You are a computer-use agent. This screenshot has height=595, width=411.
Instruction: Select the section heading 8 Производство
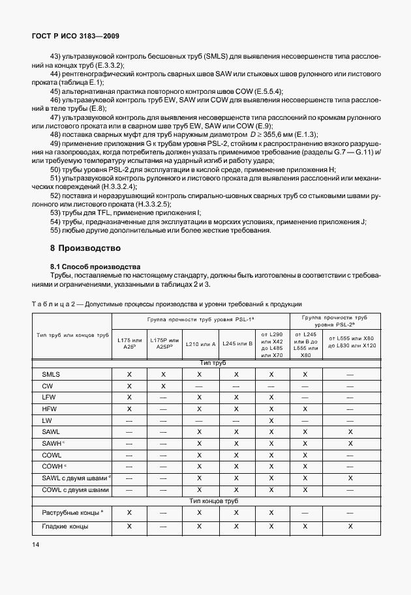coord(85,248)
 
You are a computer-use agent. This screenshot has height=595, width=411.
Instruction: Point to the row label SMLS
coord(51,375)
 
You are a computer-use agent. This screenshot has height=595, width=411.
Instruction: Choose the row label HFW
coord(50,409)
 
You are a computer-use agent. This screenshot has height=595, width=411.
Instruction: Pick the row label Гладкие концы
coord(65,527)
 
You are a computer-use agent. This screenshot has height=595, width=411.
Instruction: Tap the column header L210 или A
coord(200,343)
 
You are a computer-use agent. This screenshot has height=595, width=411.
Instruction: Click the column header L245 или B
coord(236,343)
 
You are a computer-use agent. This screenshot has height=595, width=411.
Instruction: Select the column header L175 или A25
coord(129,343)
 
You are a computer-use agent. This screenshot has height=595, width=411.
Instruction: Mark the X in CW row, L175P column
coord(164,386)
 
